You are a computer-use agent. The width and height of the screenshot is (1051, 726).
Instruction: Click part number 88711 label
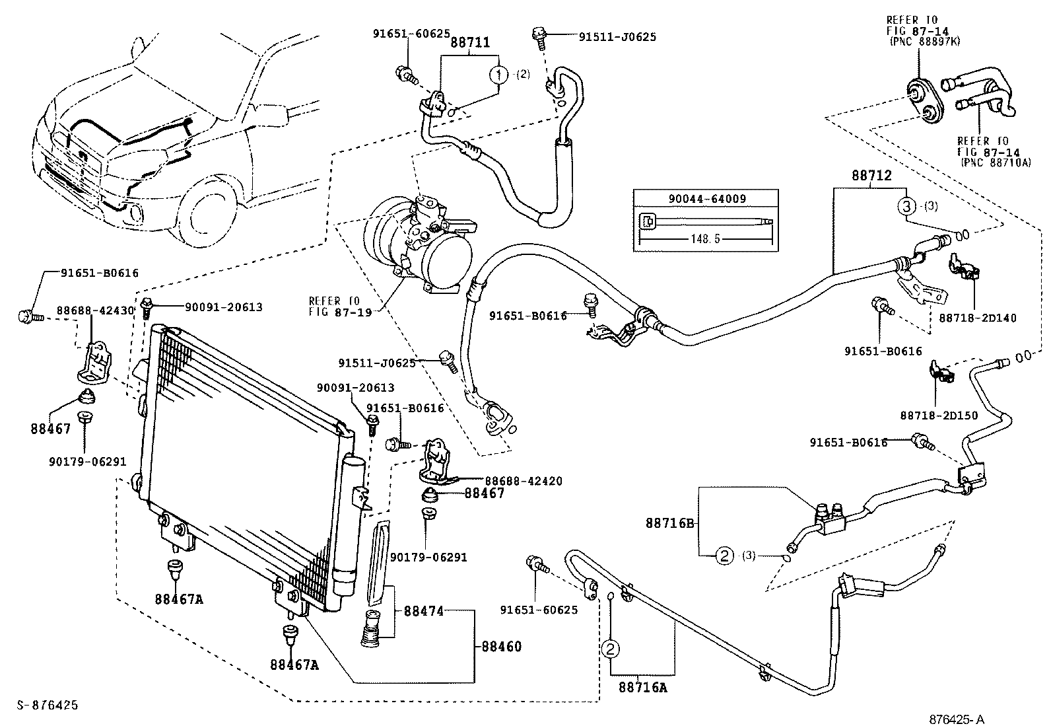(x=470, y=43)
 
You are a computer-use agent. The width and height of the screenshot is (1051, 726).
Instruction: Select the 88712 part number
(x=871, y=176)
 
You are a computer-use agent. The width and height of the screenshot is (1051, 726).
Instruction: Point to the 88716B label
(x=669, y=523)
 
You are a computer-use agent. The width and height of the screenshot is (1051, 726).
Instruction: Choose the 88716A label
(x=642, y=688)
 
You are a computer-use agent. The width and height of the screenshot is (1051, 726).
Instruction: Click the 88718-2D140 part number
(x=977, y=318)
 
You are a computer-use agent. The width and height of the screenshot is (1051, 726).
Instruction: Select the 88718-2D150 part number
(x=939, y=415)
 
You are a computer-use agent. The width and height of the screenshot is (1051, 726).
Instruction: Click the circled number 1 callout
(x=499, y=74)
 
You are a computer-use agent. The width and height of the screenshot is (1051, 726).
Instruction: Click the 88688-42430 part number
(x=95, y=309)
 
